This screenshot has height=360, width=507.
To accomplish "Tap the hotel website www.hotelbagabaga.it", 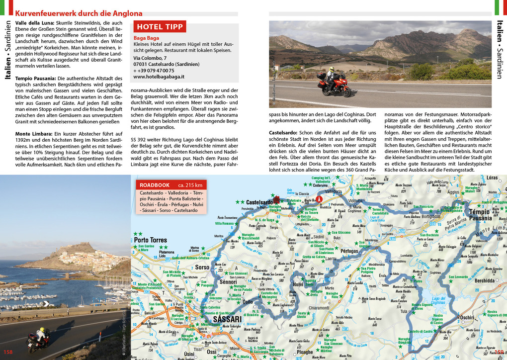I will tap(159, 77).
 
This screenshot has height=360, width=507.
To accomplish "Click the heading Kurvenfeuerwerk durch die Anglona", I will tap(79, 13).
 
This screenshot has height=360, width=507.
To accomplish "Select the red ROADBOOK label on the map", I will tap(155, 185).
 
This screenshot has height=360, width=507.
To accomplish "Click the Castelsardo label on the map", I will tap(259, 202).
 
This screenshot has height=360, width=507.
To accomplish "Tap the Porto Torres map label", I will tap(151, 240).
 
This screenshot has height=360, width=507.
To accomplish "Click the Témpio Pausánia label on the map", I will tap(480, 215).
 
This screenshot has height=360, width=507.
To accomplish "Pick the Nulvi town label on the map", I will tap(298, 284).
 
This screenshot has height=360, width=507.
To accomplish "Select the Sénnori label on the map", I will tap(229, 282).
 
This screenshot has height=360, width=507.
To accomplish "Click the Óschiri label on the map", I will tap(467, 317).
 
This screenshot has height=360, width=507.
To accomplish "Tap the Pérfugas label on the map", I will tap(349, 251).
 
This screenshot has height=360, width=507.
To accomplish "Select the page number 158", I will tap(8, 352).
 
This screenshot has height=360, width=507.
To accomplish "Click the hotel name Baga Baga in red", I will tap(146, 38).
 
